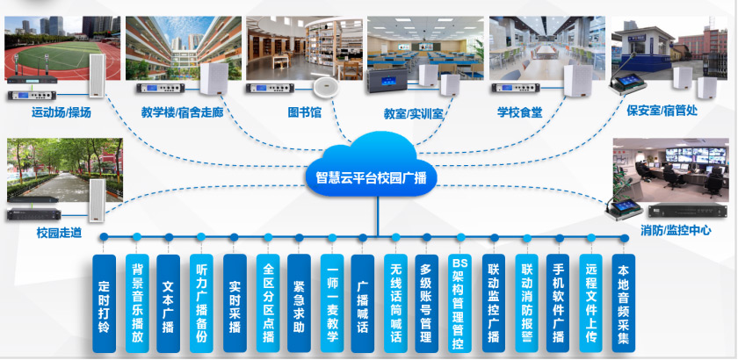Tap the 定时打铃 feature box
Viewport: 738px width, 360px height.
(104, 302)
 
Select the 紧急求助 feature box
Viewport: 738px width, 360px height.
(300, 302)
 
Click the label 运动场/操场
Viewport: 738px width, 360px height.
(61, 112)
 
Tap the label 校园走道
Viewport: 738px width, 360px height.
(59, 233)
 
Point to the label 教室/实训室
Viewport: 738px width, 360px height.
(412, 112)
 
